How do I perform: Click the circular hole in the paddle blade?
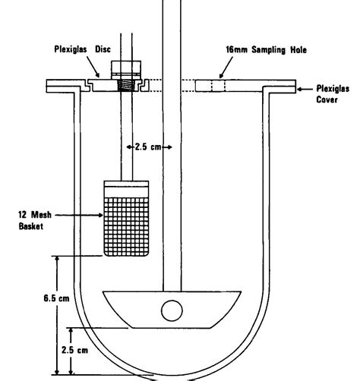pyautogui.click(x=172, y=310)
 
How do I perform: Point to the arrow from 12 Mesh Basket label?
pyautogui.click(x=79, y=216)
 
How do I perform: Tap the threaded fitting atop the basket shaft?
pyautogui.click(x=122, y=76)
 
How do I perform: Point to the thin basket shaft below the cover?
pyautogui.click(x=122, y=137)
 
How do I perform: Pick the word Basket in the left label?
pyautogui.click(x=27, y=225)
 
